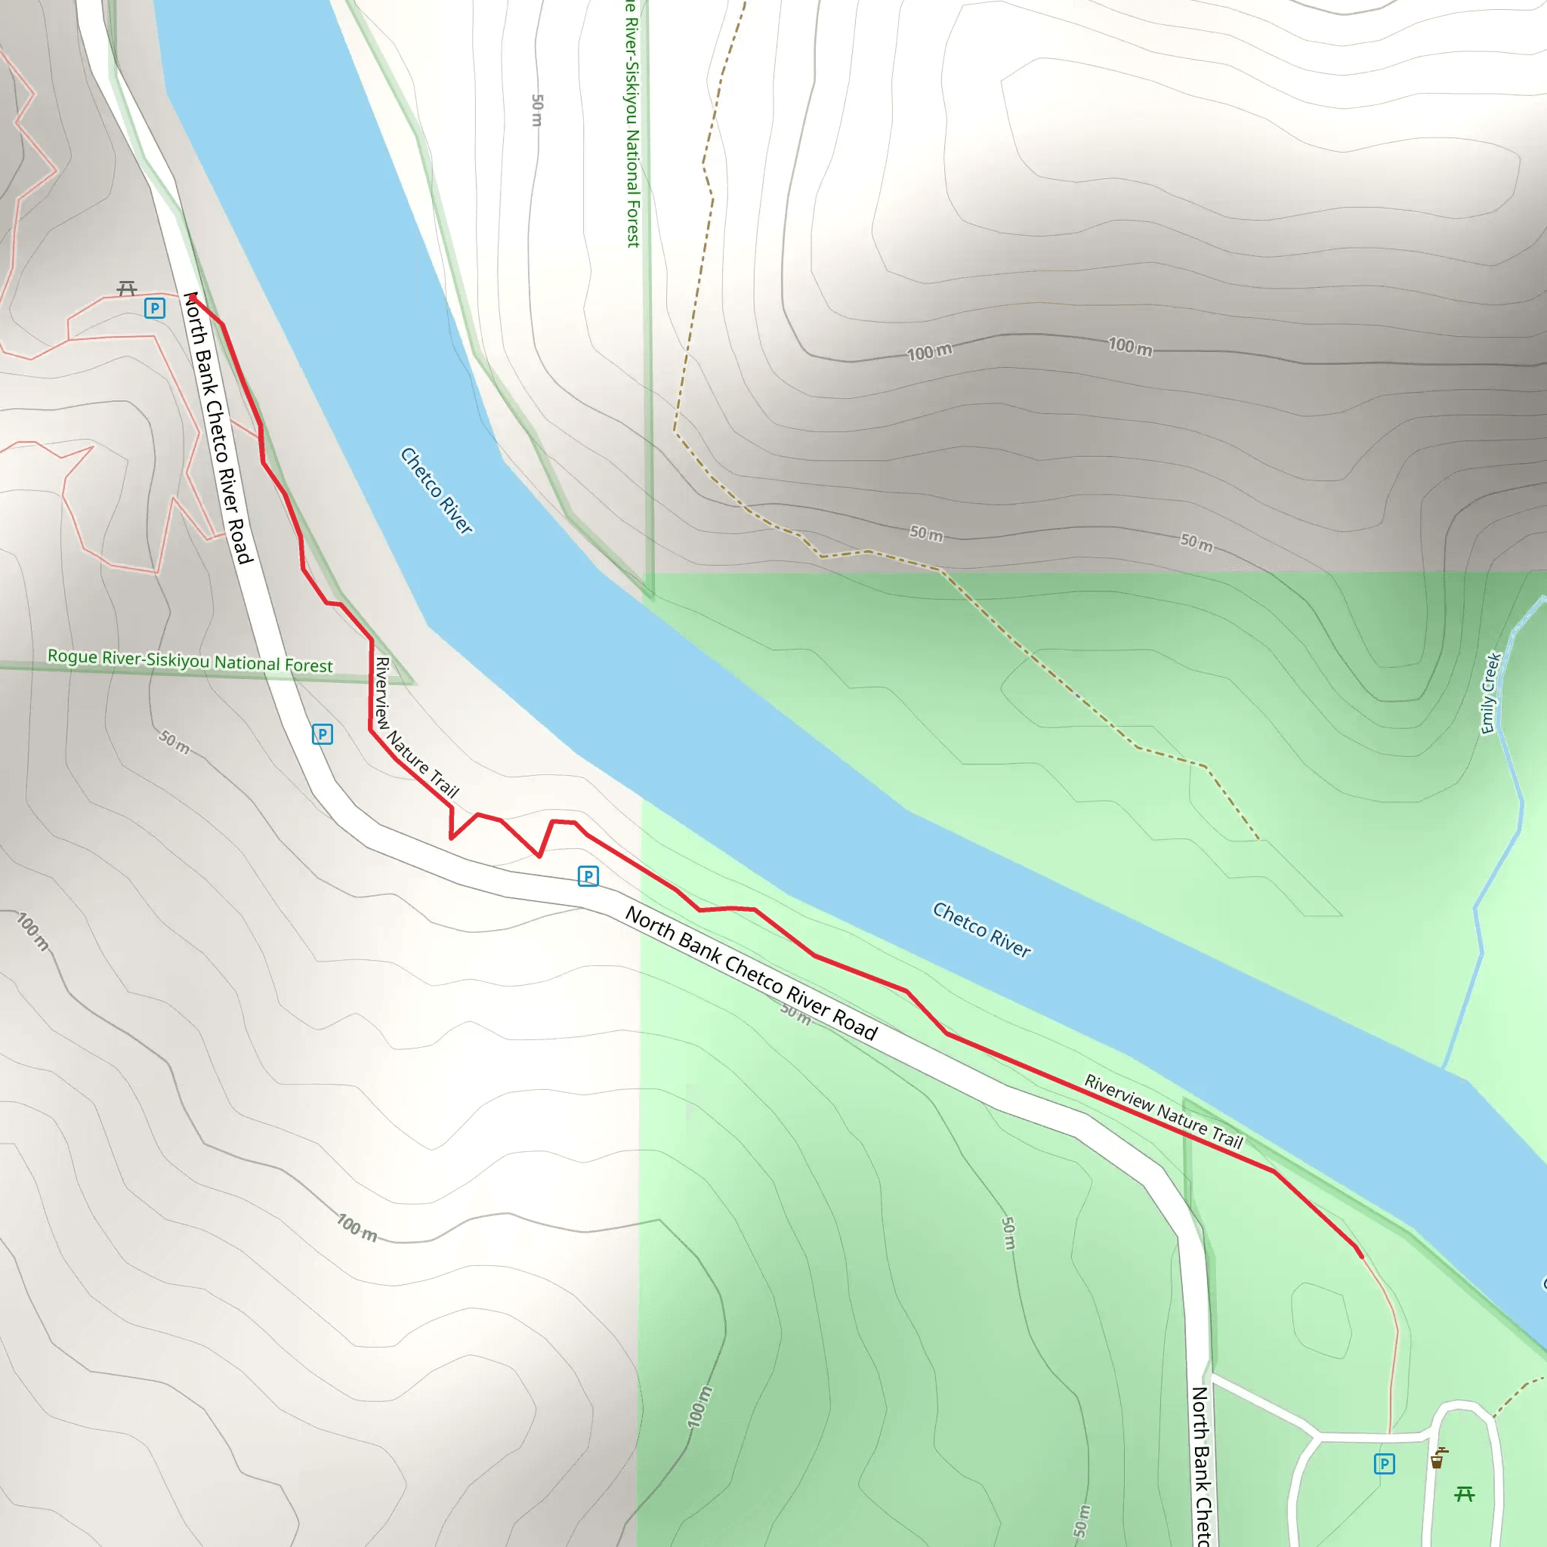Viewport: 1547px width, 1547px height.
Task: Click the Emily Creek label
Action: pyautogui.click(x=1490, y=693)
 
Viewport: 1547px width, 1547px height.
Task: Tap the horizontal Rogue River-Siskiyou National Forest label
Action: pyautogui.click(x=190, y=661)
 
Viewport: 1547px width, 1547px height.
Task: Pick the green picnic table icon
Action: pyautogui.click(x=1465, y=1493)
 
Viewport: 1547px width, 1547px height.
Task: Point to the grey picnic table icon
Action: pyautogui.click(x=126, y=289)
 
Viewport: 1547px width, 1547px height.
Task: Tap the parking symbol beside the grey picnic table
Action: pyautogui.click(x=155, y=308)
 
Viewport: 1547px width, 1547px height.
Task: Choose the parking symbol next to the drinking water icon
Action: pyautogui.click(x=1385, y=1464)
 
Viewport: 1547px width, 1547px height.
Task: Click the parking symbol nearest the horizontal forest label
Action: pyautogui.click(x=322, y=734)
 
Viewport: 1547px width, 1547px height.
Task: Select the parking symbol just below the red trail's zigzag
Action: pyautogui.click(x=588, y=876)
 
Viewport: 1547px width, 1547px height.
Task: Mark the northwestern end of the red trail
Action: pyautogui.click(x=193, y=296)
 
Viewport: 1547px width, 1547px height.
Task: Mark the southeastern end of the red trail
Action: pyautogui.click(x=1361, y=1256)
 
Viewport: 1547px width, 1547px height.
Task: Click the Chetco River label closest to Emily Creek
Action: pyautogui.click(x=982, y=930)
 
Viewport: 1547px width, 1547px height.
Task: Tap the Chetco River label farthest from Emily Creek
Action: pyautogui.click(x=437, y=490)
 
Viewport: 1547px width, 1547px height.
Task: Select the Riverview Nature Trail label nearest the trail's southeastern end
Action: pyautogui.click(x=1163, y=1112)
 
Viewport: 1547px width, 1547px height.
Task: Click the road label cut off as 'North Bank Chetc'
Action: pyautogui.click(x=1201, y=1465)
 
